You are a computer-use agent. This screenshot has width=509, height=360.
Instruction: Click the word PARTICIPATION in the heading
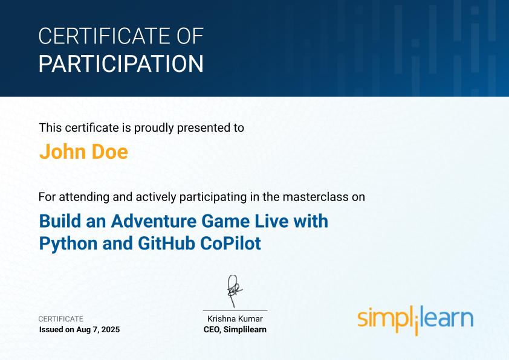[121, 63]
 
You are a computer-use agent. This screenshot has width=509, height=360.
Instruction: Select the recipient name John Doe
[84, 152]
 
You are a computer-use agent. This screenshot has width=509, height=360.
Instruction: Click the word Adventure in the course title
[154, 221]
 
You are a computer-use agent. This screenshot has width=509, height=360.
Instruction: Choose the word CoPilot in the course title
[230, 243]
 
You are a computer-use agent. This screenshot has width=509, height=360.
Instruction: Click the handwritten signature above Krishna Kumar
[234, 291]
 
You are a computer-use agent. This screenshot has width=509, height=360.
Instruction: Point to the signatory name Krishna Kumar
[235, 319]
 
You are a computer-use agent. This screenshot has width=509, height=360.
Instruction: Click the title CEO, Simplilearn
[235, 330]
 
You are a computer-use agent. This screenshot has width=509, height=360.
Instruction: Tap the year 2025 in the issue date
[111, 330]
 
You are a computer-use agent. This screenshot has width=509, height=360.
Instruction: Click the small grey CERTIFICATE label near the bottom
[61, 319]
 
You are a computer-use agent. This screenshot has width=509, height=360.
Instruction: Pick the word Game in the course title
[225, 221]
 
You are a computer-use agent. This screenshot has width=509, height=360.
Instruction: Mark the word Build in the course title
[60, 221]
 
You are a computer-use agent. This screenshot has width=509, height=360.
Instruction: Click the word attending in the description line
[84, 197]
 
